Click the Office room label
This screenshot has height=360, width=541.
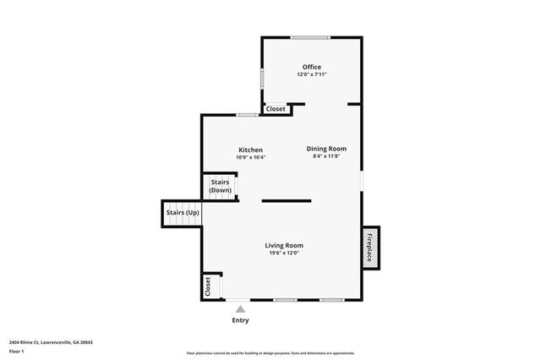coord(311,67)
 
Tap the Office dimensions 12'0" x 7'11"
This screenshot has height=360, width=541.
coord(311,74)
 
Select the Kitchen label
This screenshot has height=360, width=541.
coord(250,150)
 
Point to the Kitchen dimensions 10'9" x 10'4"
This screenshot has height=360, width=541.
coord(250,157)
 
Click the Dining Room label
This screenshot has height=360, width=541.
coord(326,149)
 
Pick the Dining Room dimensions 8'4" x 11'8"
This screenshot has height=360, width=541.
coord(326,156)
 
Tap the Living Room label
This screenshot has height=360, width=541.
coord(284,245)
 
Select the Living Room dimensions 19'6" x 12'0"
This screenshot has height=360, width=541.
coord(284,253)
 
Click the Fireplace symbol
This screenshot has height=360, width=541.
coord(369,248)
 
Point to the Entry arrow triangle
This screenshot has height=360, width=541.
coord(240,309)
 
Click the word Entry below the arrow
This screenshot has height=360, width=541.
coord(240,321)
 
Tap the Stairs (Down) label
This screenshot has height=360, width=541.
coord(220,187)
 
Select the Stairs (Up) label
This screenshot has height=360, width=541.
coord(183,212)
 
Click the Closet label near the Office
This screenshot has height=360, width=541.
coord(276,109)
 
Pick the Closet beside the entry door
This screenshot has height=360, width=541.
coord(208,286)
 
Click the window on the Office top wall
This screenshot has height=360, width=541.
coord(311,37)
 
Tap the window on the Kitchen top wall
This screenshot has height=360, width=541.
coord(247,115)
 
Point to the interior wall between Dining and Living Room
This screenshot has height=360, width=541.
coord(286,200)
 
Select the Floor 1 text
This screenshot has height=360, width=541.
coord(16,351)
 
